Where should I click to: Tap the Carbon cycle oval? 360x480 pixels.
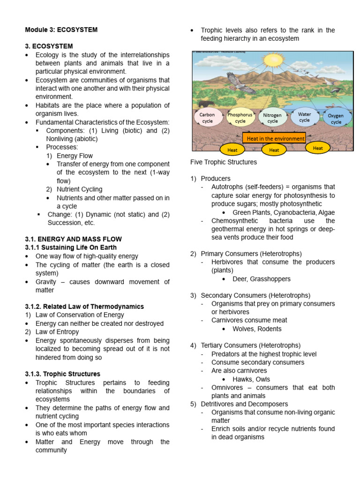point(207,118)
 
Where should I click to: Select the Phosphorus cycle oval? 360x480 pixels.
point(240,118)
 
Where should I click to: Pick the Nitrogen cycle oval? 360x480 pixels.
point(272,118)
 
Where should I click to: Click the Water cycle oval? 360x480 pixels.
point(305,117)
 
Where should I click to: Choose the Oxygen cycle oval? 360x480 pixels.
point(336,119)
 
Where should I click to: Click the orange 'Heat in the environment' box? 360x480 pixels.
point(274,138)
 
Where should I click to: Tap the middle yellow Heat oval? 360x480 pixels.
point(274,150)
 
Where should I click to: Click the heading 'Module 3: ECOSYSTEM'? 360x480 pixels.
point(61,30)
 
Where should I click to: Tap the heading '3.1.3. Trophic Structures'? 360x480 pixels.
point(62,374)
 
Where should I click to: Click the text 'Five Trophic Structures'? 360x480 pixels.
point(224,162)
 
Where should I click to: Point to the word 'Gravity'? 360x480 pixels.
point(46,282)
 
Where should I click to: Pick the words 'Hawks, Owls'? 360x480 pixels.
point(251,379)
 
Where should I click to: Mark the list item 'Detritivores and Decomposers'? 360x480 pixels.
point(244,404)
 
